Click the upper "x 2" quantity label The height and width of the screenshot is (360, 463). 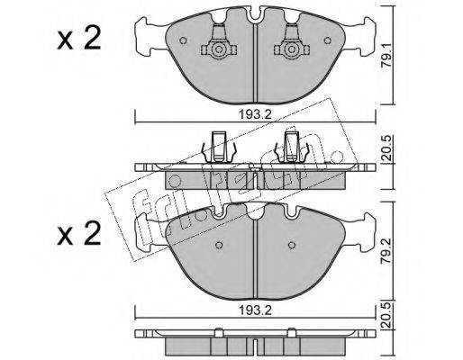pos(79,40)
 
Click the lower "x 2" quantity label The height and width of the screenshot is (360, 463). pos(79,234)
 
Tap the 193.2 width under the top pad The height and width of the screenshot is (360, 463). pos(255,114)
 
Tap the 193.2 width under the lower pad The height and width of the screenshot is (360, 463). pos(255,310)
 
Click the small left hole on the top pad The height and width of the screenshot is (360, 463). pos(183,40)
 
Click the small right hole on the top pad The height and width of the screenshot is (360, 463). pos(328,40)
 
